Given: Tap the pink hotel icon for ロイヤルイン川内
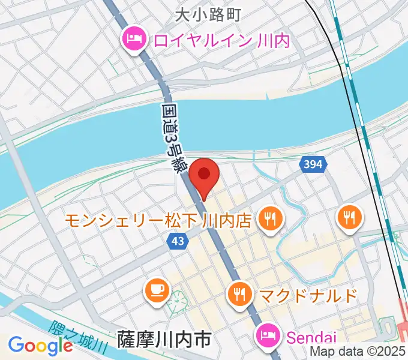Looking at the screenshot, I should pos(133,40).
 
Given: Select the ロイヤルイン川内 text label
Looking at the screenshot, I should pos(222,41).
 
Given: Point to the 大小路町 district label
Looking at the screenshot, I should pos(208,14).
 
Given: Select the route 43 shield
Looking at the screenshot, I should pos(178,240).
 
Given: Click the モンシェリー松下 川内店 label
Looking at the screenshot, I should pos(160,220).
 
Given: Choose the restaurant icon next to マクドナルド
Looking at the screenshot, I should pos(240,294).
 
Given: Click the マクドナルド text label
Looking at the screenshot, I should pos(308,295).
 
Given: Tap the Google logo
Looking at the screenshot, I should pos(40,346).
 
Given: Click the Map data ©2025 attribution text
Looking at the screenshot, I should pos(358,352).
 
